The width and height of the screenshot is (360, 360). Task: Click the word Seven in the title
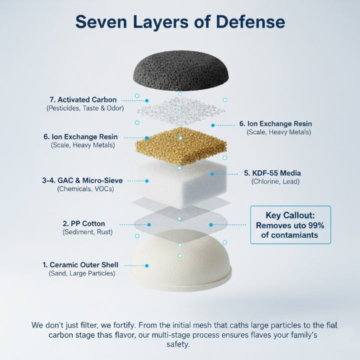(101, 22)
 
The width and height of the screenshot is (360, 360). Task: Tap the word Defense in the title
(250, 22)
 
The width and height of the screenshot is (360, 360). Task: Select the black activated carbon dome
(181, 70)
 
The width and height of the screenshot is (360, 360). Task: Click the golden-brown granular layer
(181, 145)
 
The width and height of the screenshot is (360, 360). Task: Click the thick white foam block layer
(181, 183)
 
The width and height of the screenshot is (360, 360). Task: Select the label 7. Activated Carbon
(83, 100)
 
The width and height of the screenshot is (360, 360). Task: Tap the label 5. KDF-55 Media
(272, 173)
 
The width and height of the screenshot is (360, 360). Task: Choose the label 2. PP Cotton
(84, 223)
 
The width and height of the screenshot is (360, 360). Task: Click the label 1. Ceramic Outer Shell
(80, 265)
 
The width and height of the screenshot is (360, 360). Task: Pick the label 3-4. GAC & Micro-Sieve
(82, 180)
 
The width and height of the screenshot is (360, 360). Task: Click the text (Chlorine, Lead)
(275, 181)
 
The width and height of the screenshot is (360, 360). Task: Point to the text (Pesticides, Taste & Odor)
(85, 108)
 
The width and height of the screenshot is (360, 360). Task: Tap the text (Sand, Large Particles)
(81, 273)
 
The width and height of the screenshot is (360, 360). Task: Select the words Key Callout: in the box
(290, 215)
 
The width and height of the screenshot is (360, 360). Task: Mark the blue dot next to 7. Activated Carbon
(146, 100)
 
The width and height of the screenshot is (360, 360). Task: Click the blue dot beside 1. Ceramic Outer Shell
(146, 266)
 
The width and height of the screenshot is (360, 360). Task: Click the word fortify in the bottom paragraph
(124, 325)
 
